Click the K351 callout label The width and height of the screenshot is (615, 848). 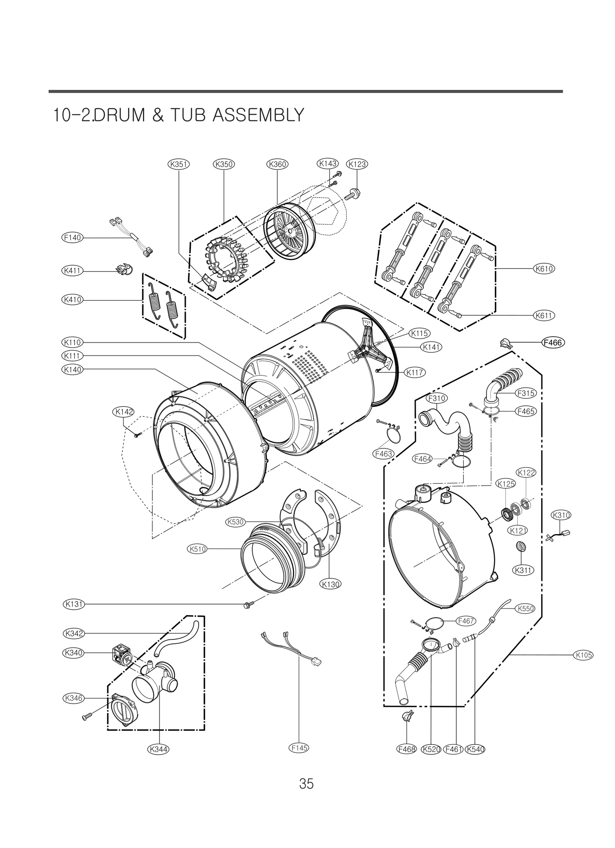(x=179, y=164)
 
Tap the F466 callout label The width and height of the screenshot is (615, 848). (x=553, y=342)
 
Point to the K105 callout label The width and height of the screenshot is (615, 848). (x=583, y=655)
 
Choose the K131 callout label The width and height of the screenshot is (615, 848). (x=73, y=604)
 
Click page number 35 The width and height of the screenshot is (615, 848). (x=306, y=783)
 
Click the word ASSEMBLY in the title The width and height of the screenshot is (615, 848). (x=258, y=115)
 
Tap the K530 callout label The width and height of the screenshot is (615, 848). (x=235, y=522)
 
